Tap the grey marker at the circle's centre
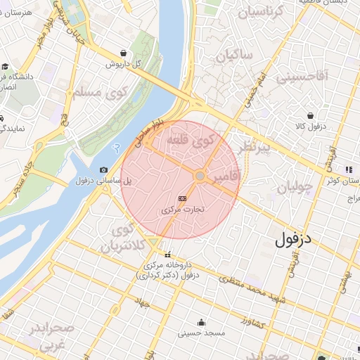tap(200, 176)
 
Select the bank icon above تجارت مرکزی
tap(183, 199)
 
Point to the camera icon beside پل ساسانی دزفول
tap(104, 169)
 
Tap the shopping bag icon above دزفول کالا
tap(310, 115)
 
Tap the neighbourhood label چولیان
tap(293, 187)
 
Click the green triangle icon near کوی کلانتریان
tap(153, 243)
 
